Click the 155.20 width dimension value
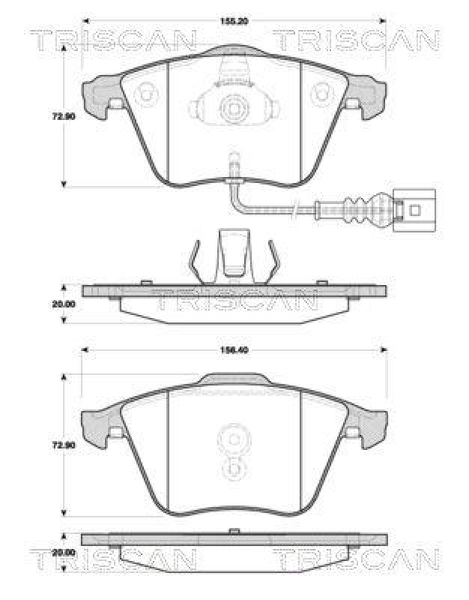coord(234,20)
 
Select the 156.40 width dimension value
coord(234,349)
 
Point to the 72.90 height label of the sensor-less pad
coord(63,445)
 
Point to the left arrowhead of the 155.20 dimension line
coord(84,20)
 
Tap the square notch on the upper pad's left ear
coord(117,104)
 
